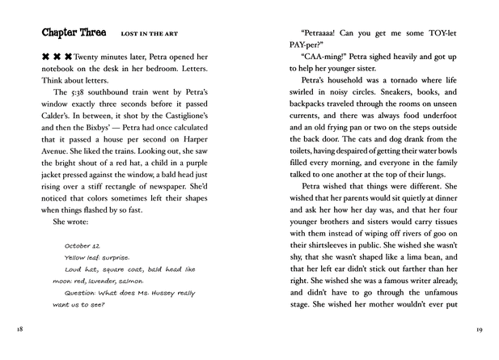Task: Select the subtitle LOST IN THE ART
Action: [x=149, y=35]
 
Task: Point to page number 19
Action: [x=480, y=331]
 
